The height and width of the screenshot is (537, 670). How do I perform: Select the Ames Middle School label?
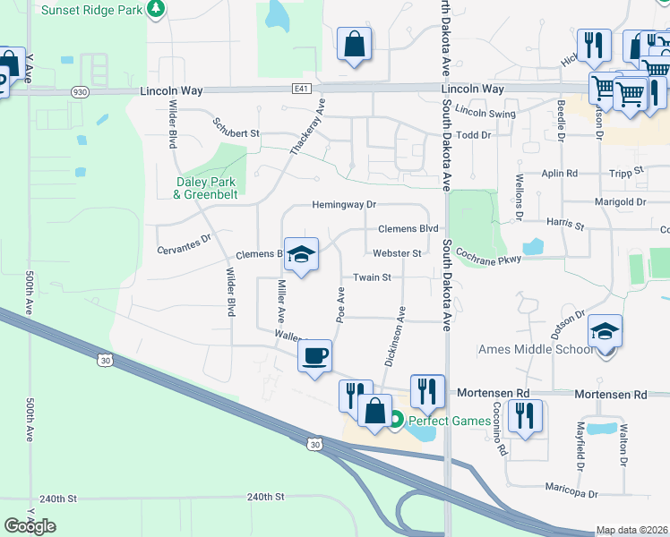tap(537, 349)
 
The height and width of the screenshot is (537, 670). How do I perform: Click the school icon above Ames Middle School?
tap(606, 333)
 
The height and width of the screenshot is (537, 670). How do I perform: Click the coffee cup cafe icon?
tap(314, 357)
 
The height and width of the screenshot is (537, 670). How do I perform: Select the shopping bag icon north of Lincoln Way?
tap(355, 44)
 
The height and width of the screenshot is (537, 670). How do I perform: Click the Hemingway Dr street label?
tap(344, 205)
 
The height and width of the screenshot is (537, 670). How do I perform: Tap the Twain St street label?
tap(373, 277)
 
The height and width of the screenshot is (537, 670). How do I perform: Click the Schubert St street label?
tap(236, 127)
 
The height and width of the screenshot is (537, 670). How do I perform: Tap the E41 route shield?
tap(301, 89)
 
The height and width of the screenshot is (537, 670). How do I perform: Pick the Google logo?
tap(30, 526)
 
